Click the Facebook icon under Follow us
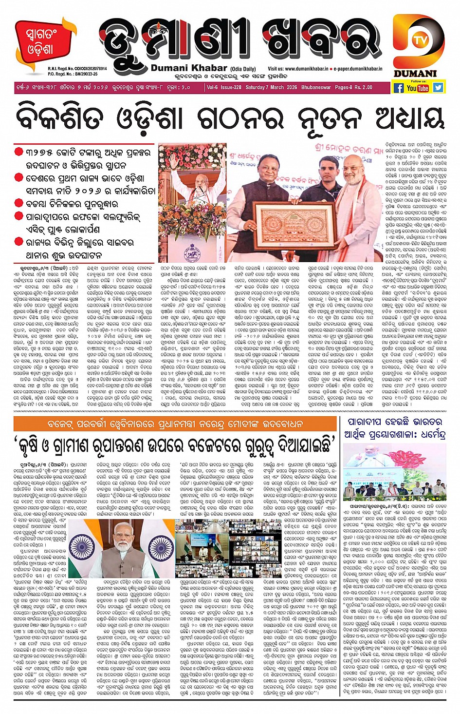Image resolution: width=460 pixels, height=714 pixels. (399, 88)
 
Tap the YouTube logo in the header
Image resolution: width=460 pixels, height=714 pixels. (418, 88)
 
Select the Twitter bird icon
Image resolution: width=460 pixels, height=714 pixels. (438, 88)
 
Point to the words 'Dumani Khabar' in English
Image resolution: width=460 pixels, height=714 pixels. (182, 68)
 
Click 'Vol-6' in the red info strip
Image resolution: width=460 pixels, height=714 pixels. (212, 88)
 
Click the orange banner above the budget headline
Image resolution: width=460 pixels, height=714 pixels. (175, 424)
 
